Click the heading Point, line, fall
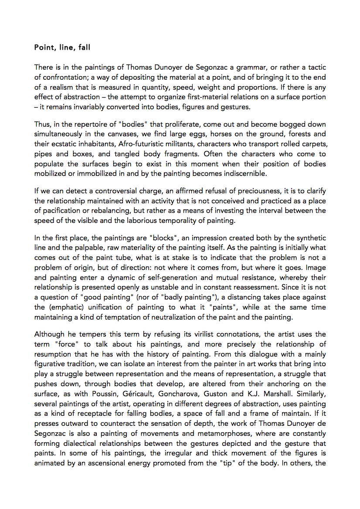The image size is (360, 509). click(62, 47)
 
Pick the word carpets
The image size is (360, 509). click(311, 144)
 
